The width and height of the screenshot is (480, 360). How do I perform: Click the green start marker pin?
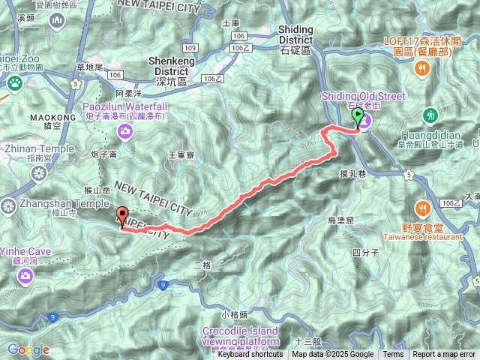(x=358, y=117)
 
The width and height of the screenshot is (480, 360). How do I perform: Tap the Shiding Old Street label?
(x=363, y=96)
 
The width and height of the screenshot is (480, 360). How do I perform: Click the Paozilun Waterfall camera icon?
(x=124, y=132)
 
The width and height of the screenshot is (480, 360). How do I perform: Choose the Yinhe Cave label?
(x=25, y=252)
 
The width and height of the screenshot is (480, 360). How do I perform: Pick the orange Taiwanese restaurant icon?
(x=423, y=208)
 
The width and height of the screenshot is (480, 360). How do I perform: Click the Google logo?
(x=28, y=349)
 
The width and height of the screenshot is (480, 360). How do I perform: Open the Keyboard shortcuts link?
(x=250, y=355)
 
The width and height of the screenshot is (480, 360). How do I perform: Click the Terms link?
(x=393, y=355)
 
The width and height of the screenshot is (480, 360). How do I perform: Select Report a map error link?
(x=444, y=355)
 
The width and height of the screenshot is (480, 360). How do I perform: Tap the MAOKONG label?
(x=53, y=118)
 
